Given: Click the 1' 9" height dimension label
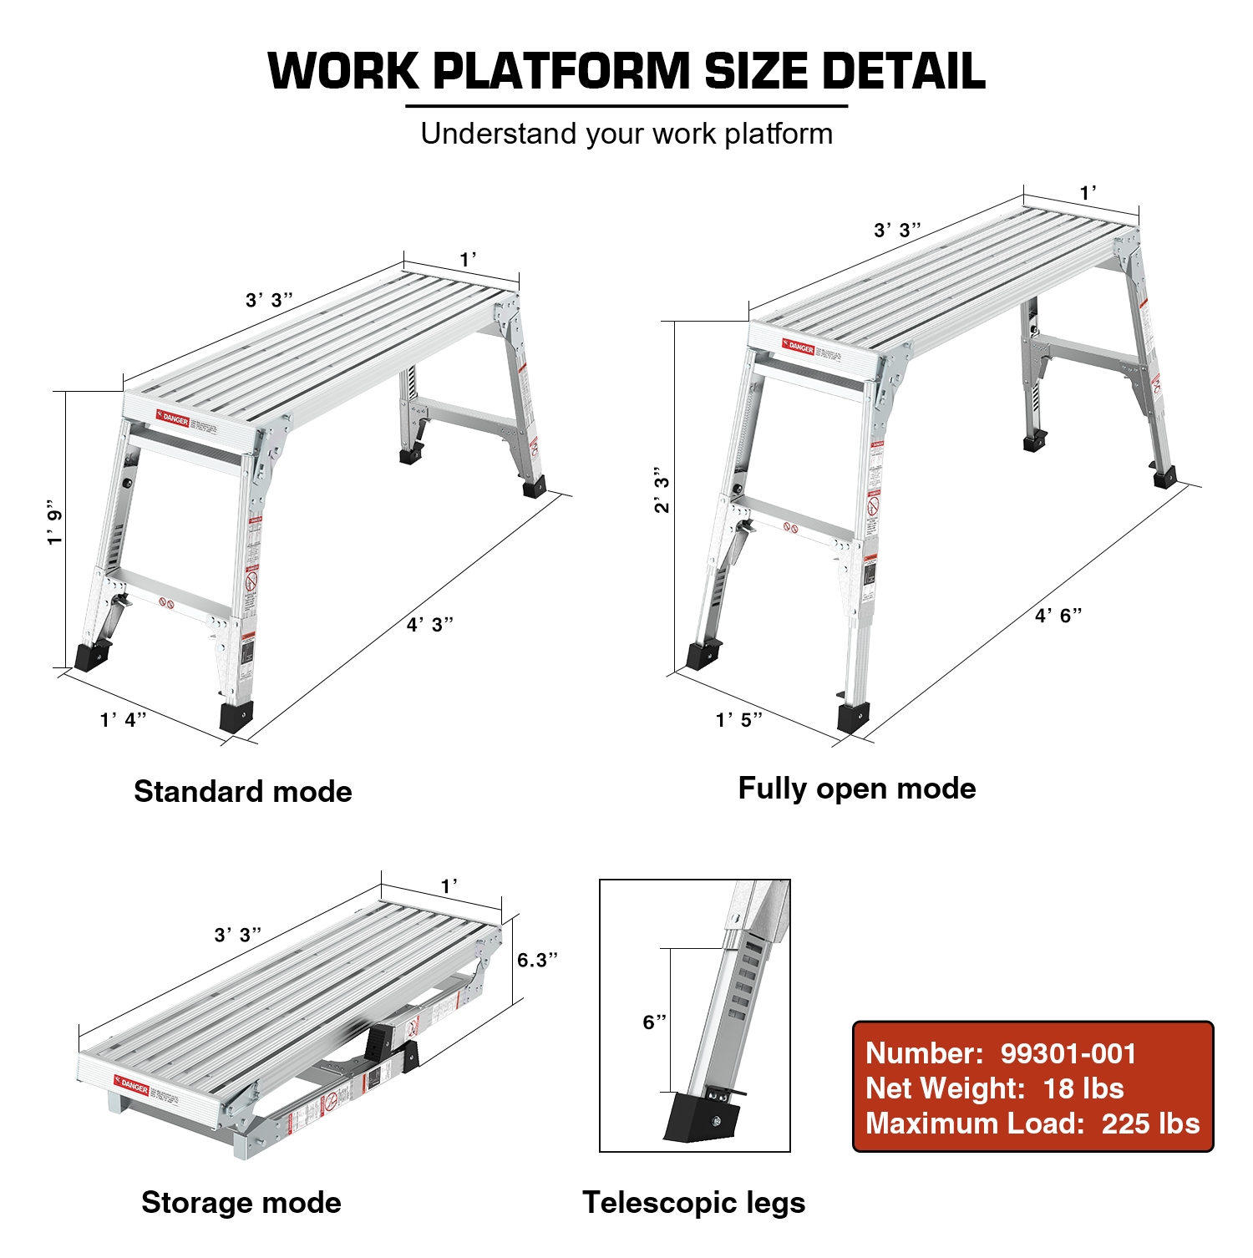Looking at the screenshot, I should (55, 524).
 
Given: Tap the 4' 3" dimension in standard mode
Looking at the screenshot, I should (430, 624).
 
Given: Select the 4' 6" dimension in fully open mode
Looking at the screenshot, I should (1058, 616).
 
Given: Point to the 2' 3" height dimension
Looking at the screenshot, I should (662, 490).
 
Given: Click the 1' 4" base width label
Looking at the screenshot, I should (123, 719).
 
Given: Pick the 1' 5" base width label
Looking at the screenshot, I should (738, 719).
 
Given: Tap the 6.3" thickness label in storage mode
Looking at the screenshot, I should (536, 960).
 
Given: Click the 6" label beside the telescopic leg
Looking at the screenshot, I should (654, 1022).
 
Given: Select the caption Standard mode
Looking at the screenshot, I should (242, 791).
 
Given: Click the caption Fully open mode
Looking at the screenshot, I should (856, 788).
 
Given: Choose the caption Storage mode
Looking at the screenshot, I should (241, 1202).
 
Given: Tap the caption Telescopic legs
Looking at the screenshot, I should (693, 1202).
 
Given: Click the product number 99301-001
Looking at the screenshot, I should (1068, 1053).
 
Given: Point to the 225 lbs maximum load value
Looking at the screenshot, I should (1150, 1124).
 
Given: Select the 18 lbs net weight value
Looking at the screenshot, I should (1083, 1088).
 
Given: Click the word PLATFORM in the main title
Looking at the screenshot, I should (561, 71).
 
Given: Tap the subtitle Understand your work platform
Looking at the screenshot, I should (626, 134).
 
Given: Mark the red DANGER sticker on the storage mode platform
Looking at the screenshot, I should (131, 1085).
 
